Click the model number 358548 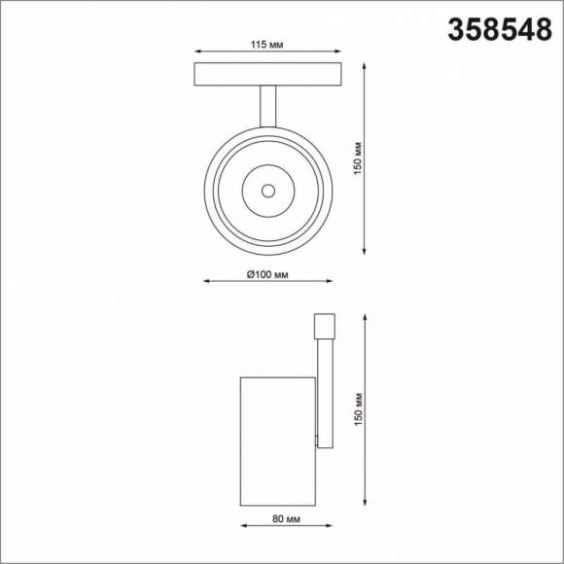[x=499, y=31]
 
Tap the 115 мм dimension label [x=267, y=44]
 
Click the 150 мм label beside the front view [x=358, y=159]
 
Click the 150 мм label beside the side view [x=358, y=409]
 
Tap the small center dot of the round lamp [x=267, y=190]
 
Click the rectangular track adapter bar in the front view [x=267, y=74]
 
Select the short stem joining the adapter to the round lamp [x=267, y=105]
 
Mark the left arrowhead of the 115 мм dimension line [x=198, y=53]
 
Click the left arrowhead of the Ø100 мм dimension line [x=206, y=281]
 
